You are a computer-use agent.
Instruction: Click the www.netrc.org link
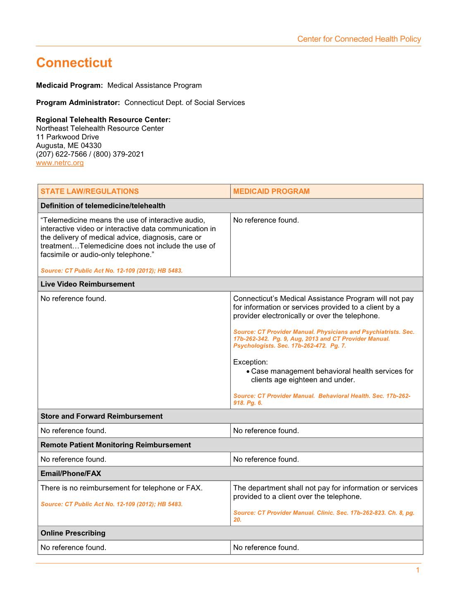[x=60, y=163]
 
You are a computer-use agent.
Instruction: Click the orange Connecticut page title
[x=74, y=63]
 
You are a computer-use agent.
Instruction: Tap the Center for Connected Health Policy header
[x=359, y=39]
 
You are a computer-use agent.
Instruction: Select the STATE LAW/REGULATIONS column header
[x=90, y=191]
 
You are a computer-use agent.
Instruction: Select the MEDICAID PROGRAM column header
[x=271, y=191]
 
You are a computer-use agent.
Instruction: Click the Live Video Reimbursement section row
[x=87, y=284]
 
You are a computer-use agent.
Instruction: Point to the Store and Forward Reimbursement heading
[x=101, y=416]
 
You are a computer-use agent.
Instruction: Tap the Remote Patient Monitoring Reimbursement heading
[x=115, y=445]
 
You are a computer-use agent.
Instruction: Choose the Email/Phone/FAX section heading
[x=71, y=474]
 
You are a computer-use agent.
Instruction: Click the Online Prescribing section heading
[x=73, y=533]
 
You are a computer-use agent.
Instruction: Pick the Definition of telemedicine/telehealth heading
[x=103, y=206]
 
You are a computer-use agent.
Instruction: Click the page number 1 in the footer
[x=417, y=570]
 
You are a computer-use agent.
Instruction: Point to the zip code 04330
[x=91, y=145]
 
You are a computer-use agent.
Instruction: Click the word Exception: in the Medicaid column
[x=251, y=362]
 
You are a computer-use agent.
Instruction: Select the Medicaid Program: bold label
[x=69, y=86]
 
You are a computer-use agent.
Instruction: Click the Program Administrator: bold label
[x=78, y=102]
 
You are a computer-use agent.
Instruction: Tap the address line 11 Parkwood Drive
[x=67, y=137]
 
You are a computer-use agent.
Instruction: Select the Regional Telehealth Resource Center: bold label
[x=103, y=120]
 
